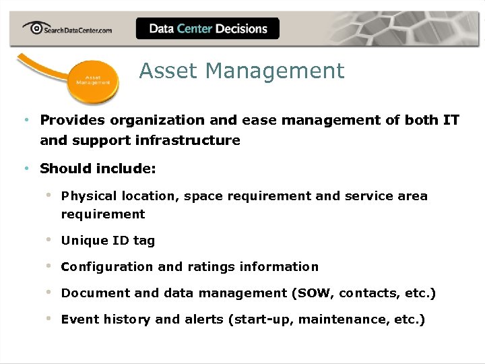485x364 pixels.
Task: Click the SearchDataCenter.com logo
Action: (x=67, y=28)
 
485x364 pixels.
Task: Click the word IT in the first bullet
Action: (x=451, y=120)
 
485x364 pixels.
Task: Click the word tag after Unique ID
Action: (x=144, y=241)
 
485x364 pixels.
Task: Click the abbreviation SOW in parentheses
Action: (x=315, y=293)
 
